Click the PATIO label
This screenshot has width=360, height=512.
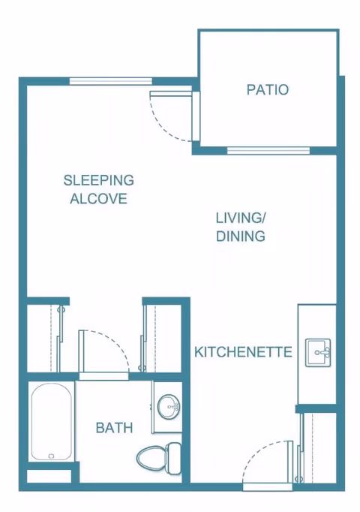[x=268, y=90]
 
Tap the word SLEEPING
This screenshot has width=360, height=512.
[x=99, y=180]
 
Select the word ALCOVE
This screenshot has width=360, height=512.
[x=99, y=199]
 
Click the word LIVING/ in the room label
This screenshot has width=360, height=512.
[x=241, y=218]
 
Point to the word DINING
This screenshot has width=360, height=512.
[x=241, y=236]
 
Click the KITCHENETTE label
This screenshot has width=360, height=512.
[x=243, y=352]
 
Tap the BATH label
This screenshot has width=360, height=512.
[x=115, y=428]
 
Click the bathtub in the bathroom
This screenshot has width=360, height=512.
[x=52, y=422]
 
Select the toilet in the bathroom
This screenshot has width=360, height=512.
[x=159, y=458]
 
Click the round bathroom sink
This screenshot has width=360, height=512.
[x=169, y=407]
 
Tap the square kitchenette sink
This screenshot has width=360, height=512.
[x=318, y=353]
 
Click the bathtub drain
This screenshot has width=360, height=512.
[x=51, y=456]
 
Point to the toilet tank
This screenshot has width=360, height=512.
[x=173, y=458]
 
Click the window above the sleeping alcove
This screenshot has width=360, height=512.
[x=111, y=81]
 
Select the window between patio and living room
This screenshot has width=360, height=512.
[x=268, y=151]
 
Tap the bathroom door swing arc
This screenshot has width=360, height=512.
[x=115, y=343]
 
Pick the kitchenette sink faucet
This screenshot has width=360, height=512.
[x=325, y=353]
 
